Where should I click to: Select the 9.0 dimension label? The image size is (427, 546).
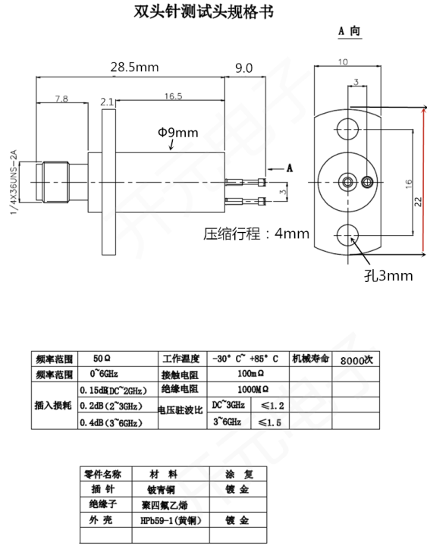[243, 67]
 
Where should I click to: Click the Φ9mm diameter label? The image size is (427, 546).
[177, 133]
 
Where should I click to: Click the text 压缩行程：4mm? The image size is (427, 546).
[256, 234]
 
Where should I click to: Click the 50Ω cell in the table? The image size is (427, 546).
[102, 359]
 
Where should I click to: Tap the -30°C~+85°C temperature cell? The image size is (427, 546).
[245, 359]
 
